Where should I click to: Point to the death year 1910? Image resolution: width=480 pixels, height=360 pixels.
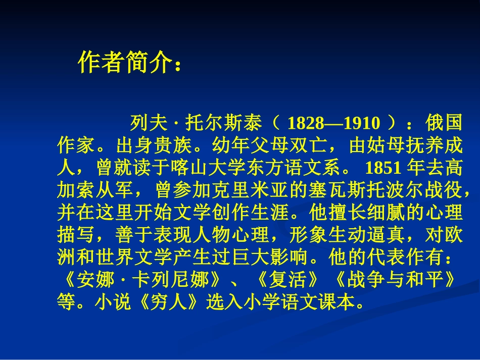[360, 123]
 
